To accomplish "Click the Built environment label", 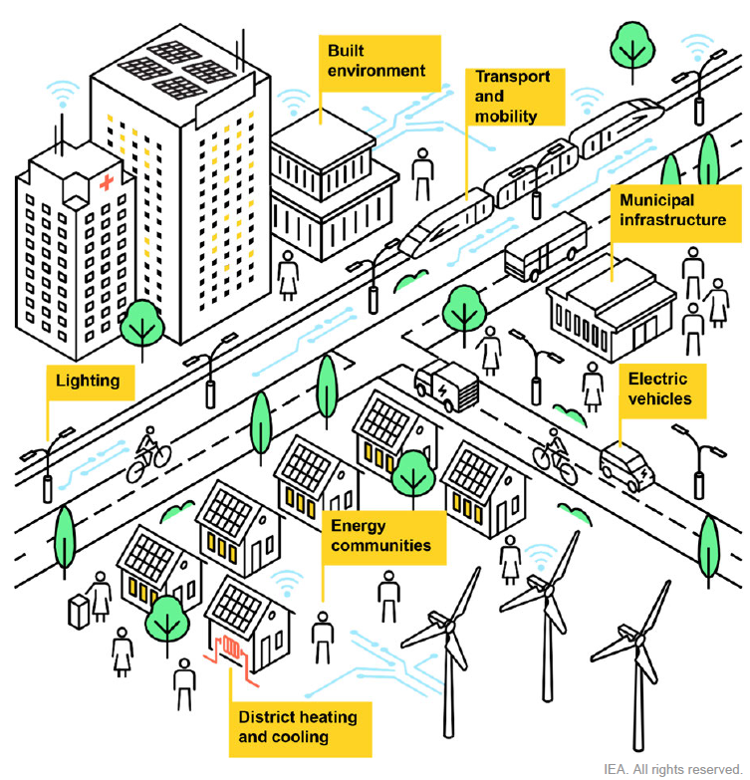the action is pyautogui.click(x=379, y=63).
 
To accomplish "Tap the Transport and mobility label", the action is pyautogui.click(x=515, y=97).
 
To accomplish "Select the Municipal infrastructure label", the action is pyautogui.click(x=676, y=213).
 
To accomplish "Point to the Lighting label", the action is pyautogui.click(x=91, y=383).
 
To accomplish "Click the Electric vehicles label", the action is pyautogui.click(x=662, y=390).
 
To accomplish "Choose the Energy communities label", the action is pyautogui.click(x=383, y=537).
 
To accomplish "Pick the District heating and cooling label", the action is pyautogui.click(x=301, y=729).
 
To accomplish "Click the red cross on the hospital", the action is pyautogui.click(x=107, y=182).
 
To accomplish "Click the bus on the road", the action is pyautogui.click(x=545, y=247).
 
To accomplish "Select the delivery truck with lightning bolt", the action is pyautogui.click(x=446, y=387).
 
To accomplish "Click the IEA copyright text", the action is pyautogui.click(x=672, y=769).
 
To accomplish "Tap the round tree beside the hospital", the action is pyautogui.click(x=141, y=324).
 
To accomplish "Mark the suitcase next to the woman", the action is pyautogui.click(x=78, y=612).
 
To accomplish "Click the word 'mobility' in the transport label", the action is pyautogui.click(x=506, y=117).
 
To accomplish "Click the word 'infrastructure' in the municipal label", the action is pyautogui.click(x=673, y=220).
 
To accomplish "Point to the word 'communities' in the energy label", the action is pyautogui.click(x=380, y=546).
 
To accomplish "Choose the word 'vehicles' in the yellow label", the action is pyautogui.click(x=660, y=398).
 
